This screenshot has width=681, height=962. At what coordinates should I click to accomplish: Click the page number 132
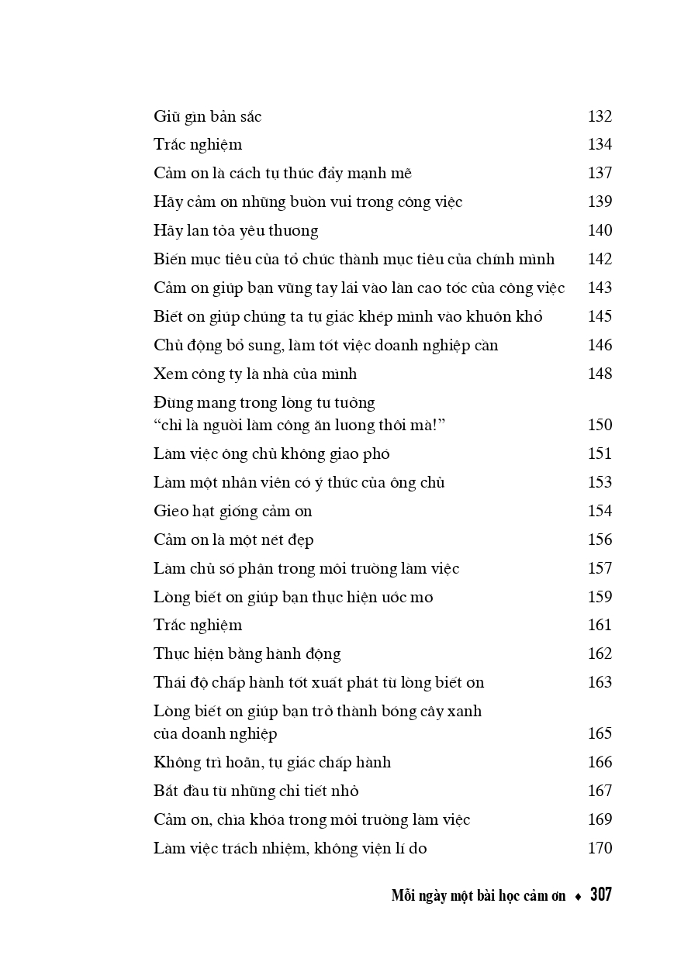(x=600, y=117)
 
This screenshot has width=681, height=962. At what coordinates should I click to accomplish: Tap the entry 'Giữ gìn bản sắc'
(x=207, y=117)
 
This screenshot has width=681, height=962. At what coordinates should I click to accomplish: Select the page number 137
(x=600, y=174)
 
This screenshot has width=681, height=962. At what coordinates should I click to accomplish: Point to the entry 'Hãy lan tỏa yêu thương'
(x=236, y=231)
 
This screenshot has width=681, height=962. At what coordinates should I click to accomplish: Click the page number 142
(x=600, y=260)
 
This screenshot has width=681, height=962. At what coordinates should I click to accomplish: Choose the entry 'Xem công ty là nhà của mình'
(x=255, y=374)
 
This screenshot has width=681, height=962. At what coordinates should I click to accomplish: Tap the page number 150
(x=600, y=426)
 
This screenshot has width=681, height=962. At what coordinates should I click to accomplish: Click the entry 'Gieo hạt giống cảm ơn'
(x=233, y=512)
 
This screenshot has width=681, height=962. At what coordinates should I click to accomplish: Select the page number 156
(x=600, y=540)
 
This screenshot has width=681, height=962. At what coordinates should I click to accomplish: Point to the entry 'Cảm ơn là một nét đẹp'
(x=233, y=540)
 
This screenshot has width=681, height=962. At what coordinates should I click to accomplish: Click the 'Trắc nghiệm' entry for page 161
(x=198, y=626)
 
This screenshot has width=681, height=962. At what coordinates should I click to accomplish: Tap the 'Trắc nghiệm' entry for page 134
(x=198, y=145)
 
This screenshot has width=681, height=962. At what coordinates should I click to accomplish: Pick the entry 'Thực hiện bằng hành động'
(x=247, y=654)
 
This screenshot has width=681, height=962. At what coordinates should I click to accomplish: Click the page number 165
(x=600, y=734)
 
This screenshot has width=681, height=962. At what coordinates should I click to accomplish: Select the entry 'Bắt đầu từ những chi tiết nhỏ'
(x=256, y=791)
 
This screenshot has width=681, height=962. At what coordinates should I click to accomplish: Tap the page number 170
(x=600, y=849)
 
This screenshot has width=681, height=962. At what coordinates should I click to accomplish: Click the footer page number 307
(x=600, y=895)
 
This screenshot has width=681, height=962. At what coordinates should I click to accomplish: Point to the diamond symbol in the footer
(x=578, y=897)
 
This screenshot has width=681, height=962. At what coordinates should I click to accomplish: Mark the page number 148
(x=600, y=374)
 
